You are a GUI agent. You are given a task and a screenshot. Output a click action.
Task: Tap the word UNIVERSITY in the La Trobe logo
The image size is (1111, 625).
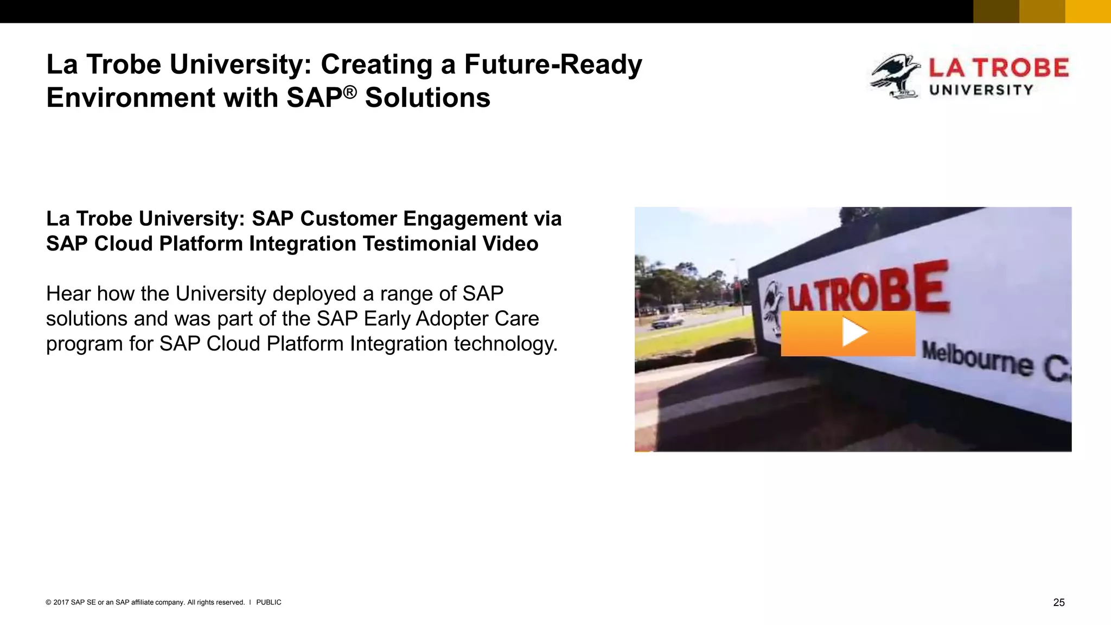(x=981, y=90)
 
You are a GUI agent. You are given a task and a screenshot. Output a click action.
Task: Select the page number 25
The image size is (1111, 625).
(x=1058, y=602)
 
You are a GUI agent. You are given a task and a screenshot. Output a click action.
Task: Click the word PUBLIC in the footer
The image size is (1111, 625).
(x=269, y=602)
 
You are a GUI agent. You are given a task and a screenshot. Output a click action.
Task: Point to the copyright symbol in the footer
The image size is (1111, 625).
(x=48, y=602)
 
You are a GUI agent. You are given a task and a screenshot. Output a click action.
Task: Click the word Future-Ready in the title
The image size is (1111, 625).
(x=553, y=65)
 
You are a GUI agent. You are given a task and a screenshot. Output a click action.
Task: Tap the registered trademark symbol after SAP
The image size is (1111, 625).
(x=350, y=92)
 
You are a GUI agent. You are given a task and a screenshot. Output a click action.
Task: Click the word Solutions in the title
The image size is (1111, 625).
(x=427, y=98)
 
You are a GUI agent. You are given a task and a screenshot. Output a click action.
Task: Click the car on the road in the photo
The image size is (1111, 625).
(x=666, y=321)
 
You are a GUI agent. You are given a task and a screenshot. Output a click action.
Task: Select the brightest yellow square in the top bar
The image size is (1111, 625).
(x=1088, y=11)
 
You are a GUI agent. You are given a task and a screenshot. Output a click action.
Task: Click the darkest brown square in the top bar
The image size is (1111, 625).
(x=996, y=11)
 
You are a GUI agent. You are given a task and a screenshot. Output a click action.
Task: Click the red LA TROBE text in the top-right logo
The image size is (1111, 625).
(x=998, y=68)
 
